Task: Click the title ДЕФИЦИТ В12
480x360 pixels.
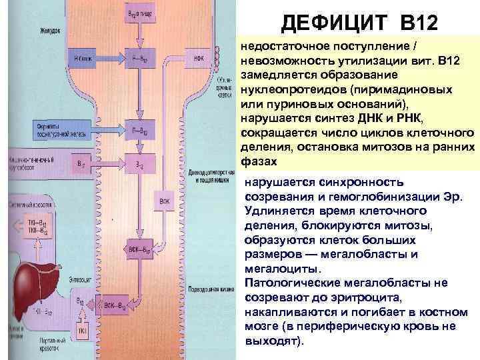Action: click(x=359, y=24)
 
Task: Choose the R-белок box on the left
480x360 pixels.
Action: click(x=84, y=57)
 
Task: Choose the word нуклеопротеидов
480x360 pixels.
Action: click(x=287, y=89)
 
